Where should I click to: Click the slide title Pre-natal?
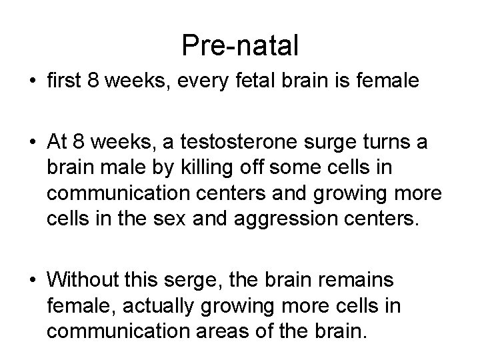239,47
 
